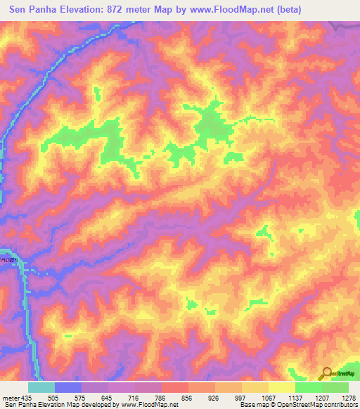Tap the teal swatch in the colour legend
point(41,387)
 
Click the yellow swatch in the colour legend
point(282,387)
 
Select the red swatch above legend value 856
point(175,387)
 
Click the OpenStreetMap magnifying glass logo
point(326,373)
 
